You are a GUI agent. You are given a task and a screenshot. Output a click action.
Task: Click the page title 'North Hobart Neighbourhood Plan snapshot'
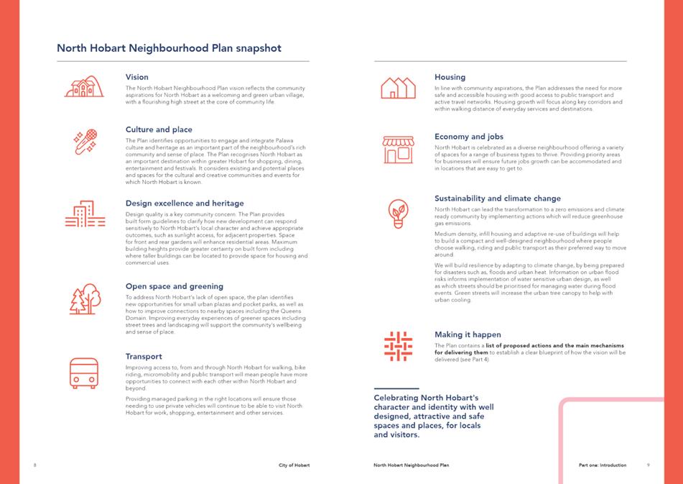coord(169,49)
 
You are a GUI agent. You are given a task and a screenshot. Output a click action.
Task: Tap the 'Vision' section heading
coord(137,77)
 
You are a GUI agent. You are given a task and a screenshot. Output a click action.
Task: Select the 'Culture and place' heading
coord(159,129)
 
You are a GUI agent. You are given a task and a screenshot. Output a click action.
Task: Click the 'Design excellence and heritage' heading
coord(185,204)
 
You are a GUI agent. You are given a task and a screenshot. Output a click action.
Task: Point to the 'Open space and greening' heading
coord(174,286)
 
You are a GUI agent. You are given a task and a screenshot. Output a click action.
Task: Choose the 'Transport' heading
coord(144,357)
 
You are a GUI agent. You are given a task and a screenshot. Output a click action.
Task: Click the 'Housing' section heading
coord(450,77)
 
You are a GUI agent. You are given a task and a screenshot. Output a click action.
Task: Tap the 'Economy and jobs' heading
coord(469,137)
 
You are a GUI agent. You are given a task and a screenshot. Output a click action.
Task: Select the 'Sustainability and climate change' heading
coord(498,198)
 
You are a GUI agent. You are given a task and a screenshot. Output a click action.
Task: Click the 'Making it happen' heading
coord(468,334)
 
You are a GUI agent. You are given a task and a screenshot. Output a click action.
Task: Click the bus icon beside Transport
coord(84,373)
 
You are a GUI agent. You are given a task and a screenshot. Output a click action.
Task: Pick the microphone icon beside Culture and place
coord(85,142)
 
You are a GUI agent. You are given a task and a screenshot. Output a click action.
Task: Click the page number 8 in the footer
coord(35,465)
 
